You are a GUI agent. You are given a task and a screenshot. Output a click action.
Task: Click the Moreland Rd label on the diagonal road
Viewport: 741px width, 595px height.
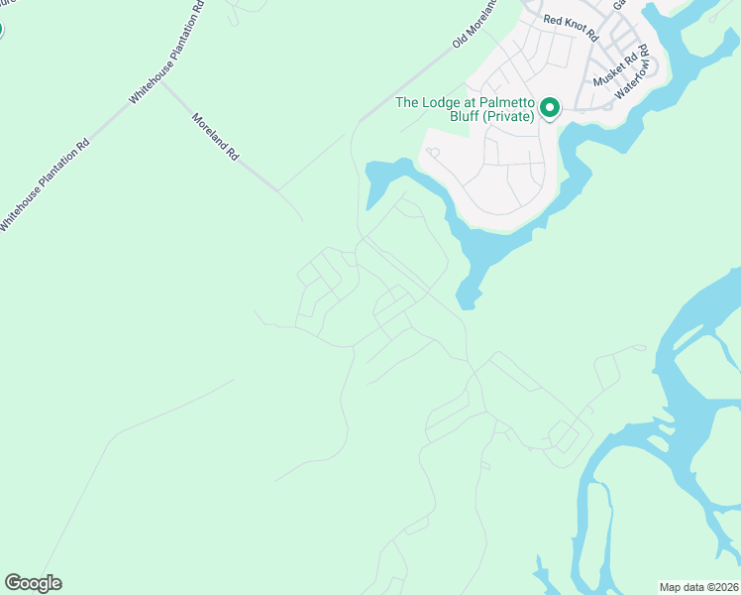[215, 136]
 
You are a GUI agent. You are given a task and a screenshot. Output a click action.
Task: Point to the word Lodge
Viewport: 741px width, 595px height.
[443, 102]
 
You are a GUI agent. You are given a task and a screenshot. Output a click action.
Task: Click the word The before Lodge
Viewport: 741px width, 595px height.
[408, 102]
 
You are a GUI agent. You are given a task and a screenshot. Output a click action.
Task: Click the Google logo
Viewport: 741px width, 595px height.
[33, 583]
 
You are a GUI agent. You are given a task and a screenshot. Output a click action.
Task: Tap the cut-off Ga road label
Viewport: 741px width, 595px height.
[619, 5]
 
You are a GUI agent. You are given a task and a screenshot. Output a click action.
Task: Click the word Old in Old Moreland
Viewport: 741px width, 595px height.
[460, 42]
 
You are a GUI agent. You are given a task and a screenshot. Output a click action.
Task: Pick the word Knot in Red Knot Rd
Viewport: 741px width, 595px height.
[572, 27]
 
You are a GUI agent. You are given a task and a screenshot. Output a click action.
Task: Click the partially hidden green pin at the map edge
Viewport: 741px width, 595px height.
[1, 28]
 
